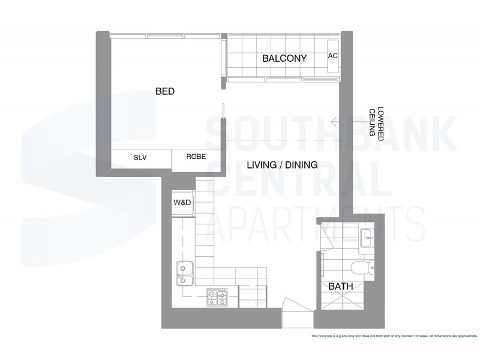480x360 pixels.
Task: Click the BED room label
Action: pyautogui.click(x=164, y=92)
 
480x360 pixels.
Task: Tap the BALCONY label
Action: pyautogui.click(x=284, y=59)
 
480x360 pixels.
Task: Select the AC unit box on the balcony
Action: pyautogui.click(x=334, y=56)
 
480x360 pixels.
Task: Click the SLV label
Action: pyautogui.click(x=140, y=157)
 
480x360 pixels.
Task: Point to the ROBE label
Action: pyautogui.click(x=196, y=157)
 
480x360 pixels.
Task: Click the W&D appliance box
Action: pyautogui.click(x=182, y=203)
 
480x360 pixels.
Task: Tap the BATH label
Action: pyautogui.click(x=339, y=287)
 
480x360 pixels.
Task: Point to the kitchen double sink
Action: pyautogui.click(x=183, y=274)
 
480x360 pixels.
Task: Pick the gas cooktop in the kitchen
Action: pyautogui.click(x=217, y=295)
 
